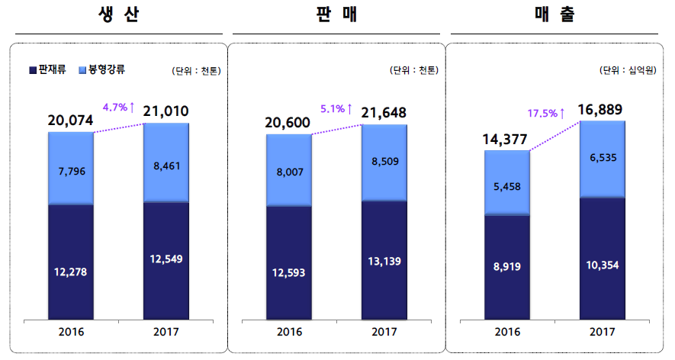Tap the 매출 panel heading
(554, 15)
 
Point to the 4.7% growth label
(118, 108)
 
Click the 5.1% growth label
(336, 109)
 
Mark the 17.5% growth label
(546, 113)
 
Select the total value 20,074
(70, 120)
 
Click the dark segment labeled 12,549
(166, 259)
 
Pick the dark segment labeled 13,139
(384, 260)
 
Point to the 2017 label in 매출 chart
(603, 332)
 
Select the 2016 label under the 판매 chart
(289, 332)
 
